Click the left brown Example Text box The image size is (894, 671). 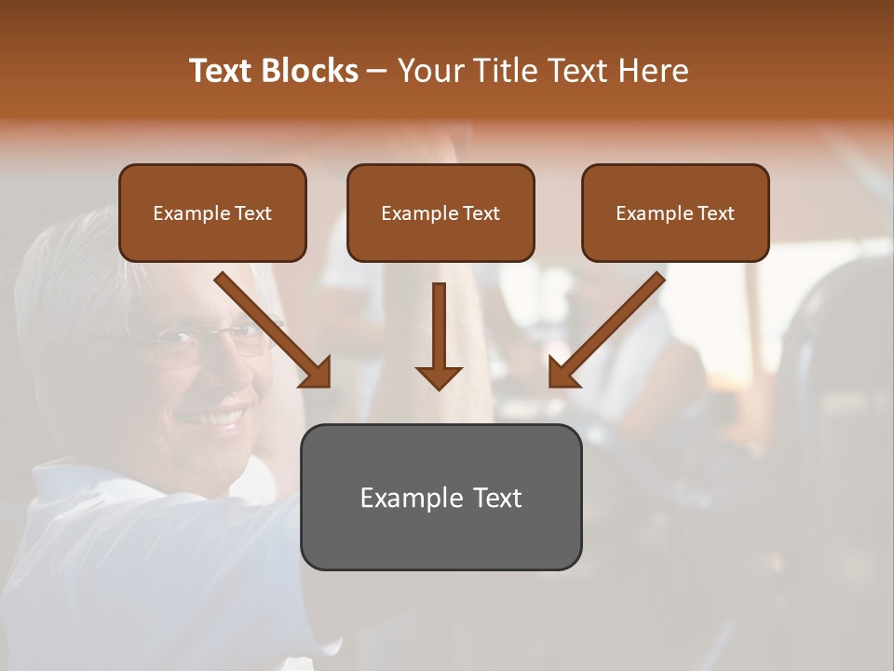(212, 212)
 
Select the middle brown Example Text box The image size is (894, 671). (440, 212)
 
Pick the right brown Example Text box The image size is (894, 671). (675, 212)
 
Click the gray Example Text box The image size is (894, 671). (440, 497)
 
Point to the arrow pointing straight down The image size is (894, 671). (439, 335)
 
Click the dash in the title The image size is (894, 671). (377, 71)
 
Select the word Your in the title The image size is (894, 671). (429, 71)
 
